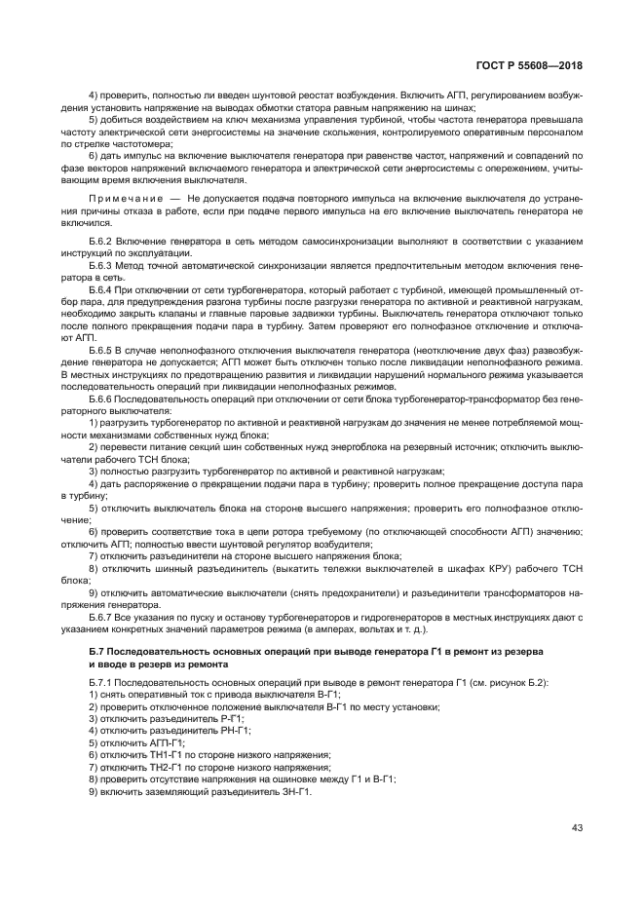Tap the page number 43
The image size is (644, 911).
click(x=577, y=827)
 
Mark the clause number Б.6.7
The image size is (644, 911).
click(x=104, y=617)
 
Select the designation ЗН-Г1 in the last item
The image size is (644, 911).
click(x=293, y=791)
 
